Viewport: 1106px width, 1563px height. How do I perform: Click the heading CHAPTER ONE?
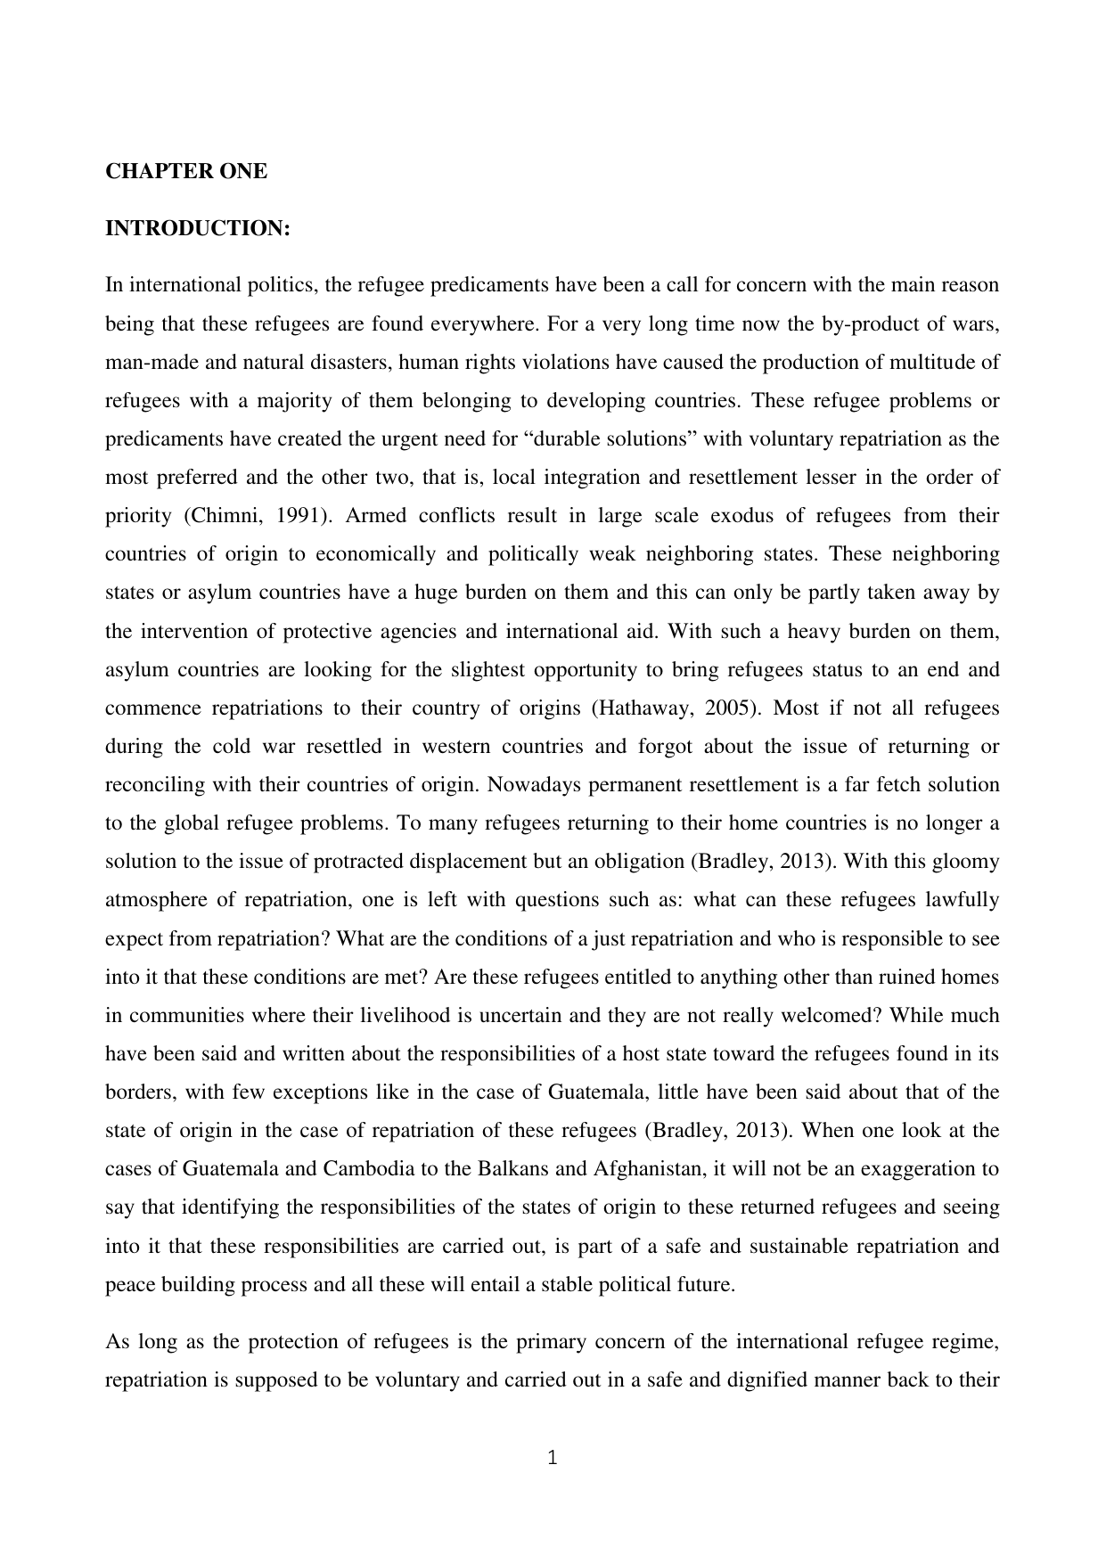point(186,172)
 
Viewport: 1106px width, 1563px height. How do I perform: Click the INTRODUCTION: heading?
point(198,229)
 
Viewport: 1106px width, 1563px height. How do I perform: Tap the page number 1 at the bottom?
point(553,1459)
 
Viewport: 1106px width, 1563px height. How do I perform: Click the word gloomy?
point(966,862)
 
